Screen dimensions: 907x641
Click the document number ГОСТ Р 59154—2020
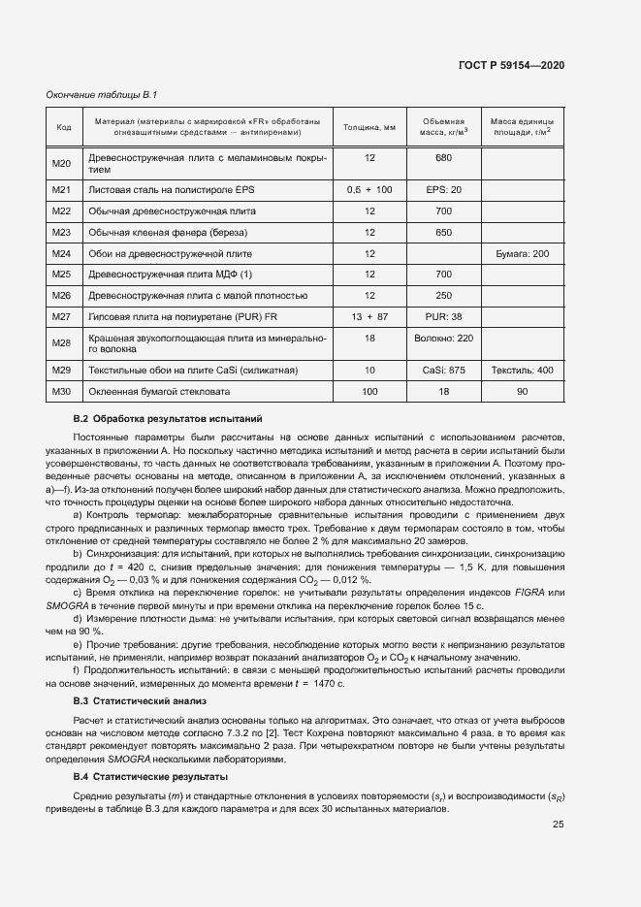pos(511,65)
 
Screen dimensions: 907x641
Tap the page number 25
pos(559,825)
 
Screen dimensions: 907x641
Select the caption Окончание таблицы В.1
pos(102,94)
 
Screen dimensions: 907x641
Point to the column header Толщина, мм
pos(369,126)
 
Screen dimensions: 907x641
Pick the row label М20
pos(63,162)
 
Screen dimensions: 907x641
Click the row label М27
pos(63,316)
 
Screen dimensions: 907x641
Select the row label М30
pos(63,391)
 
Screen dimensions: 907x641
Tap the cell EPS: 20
pos(444,189)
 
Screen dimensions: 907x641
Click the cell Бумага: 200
pos(522,253)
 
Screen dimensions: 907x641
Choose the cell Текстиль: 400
pos(522,370)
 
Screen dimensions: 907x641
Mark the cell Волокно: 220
pos(444,338)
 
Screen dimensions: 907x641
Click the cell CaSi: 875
pos(444,370)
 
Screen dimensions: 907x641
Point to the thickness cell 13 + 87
pos(369,316)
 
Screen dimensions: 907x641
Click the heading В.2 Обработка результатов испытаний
pos(167,418)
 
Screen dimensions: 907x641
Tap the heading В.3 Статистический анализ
pos(142,699)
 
